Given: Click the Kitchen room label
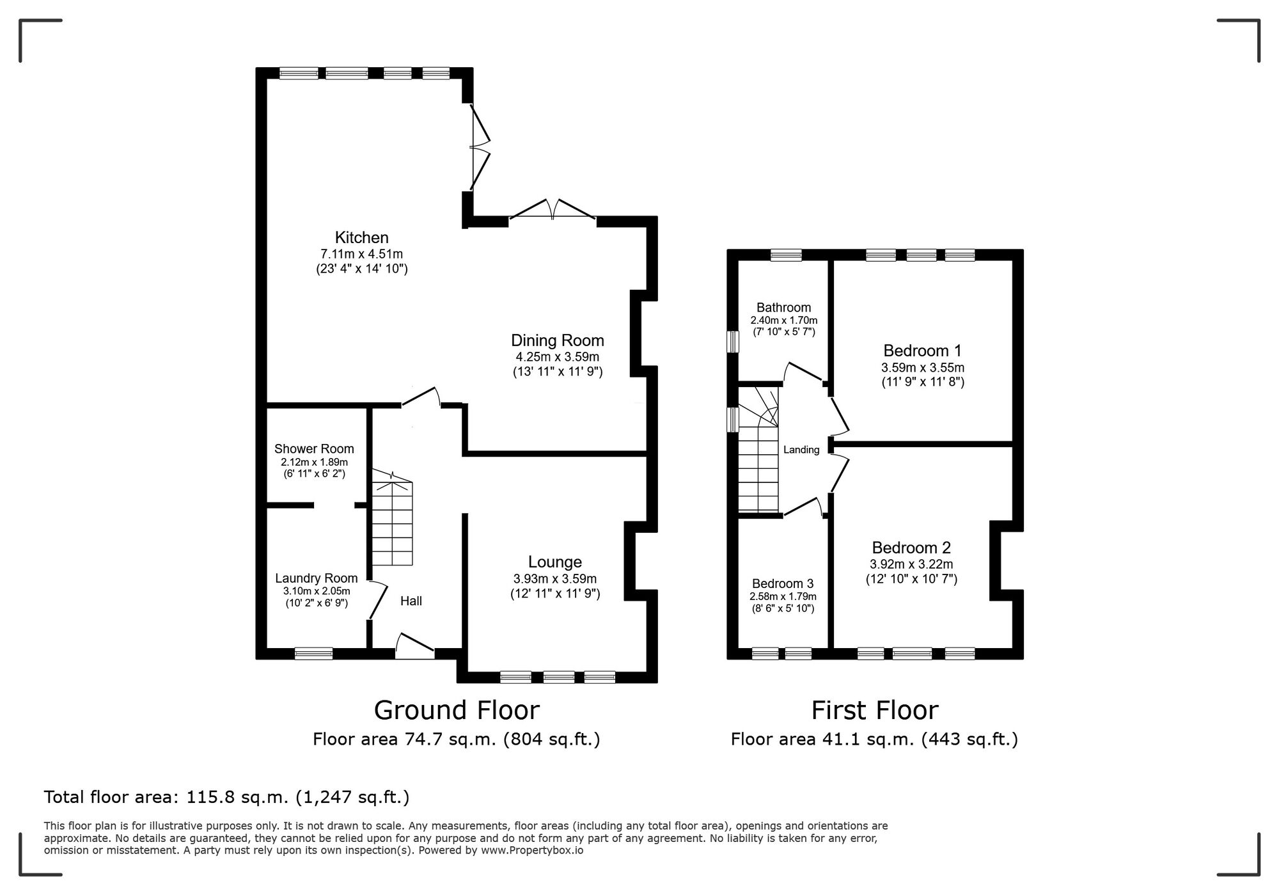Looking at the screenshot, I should coord(361,237).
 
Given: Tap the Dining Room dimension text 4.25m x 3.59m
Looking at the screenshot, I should coord(557,357).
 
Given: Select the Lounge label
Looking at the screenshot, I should coord(554,562).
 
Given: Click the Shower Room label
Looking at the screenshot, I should coord(314,449).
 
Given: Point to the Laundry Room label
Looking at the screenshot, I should coord(316,578).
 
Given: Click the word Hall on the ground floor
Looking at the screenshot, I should coord(411,601).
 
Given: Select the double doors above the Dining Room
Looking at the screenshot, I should coord(553,211).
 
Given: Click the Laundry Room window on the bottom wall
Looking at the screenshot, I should coord(313,653).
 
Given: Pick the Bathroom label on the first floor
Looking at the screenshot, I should coord(783,307).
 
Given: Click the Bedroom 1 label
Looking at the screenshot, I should coord(922,351).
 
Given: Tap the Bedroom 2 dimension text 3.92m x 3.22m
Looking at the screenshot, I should coord(911,564).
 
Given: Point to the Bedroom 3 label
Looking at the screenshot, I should coord(783,583).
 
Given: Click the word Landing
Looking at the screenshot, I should coord(801,450).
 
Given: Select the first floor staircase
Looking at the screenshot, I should coord(758,461).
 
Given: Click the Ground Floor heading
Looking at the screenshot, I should coord(456,710).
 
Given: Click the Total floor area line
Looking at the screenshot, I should coord(226,797).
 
